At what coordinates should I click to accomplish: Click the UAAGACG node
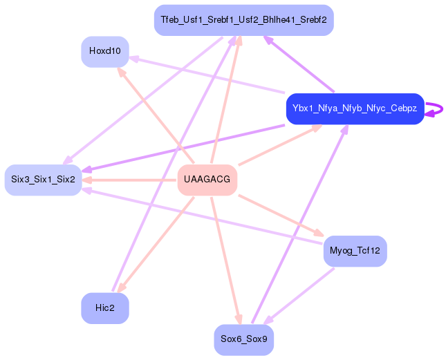207,180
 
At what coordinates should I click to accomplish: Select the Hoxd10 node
105,52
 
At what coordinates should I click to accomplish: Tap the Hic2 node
105,308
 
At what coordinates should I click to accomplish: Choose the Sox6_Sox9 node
244,340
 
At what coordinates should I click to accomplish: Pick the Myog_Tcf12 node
355,252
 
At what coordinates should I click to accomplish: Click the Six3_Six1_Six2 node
44,180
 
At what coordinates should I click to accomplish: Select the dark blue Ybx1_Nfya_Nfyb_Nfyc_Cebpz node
355,108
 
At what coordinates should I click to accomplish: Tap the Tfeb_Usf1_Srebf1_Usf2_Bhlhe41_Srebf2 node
244,20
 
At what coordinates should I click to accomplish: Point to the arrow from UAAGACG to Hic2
156,245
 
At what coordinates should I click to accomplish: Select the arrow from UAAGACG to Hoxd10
156,115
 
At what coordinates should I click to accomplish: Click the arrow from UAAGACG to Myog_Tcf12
281,216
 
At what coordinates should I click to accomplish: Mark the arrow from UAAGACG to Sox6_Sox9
226,260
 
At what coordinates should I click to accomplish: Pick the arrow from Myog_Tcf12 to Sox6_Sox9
299,296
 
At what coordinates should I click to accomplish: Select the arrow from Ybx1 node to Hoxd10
207,75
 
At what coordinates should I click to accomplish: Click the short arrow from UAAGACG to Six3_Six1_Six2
129,180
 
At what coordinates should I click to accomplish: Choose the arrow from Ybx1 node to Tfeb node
299,64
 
